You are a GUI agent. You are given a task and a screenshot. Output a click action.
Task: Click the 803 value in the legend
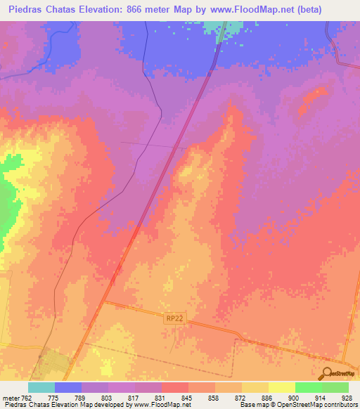[107, 398]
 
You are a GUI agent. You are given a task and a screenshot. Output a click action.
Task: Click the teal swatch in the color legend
[41, 387]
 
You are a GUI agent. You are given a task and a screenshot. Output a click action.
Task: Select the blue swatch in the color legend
[68, 387]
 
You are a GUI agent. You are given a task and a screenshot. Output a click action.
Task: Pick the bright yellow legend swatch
[281, 387]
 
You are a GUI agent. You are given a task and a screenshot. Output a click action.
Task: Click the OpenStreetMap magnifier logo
[326, 374]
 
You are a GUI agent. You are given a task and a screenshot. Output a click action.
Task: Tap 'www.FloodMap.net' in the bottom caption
[160, 405]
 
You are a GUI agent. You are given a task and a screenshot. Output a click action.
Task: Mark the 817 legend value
[134, 398]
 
